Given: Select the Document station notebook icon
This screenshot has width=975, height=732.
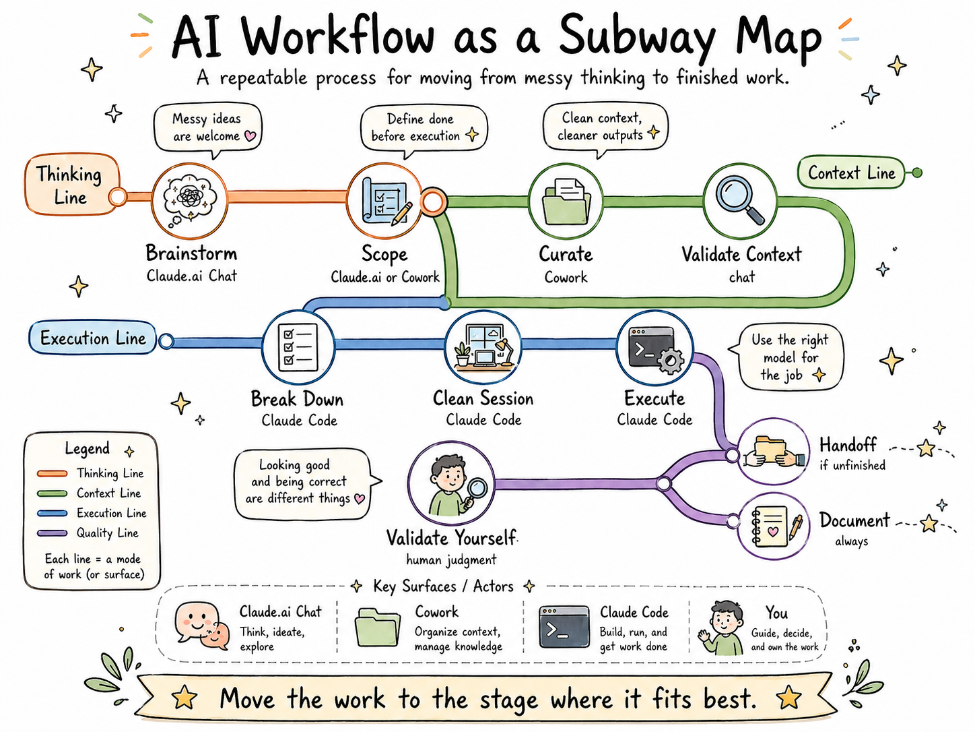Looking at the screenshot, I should point(774,526).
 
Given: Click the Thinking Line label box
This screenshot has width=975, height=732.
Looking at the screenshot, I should point(71,185).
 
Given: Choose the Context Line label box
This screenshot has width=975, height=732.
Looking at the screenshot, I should point(851,173).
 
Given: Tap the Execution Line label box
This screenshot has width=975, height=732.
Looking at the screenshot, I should point(93,338).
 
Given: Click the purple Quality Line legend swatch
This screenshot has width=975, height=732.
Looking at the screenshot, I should point(53,533).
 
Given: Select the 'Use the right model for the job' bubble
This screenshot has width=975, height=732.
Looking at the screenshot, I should point(790,357).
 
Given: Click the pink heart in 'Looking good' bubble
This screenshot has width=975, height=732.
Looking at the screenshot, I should point(360,499).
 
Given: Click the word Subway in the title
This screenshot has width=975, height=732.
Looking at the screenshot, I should point(636,37).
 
